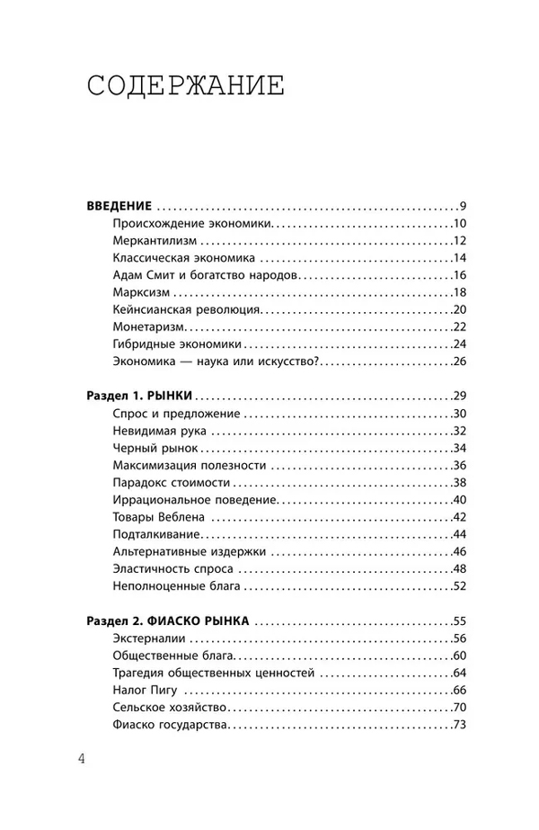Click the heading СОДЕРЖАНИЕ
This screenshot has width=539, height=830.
tap(186, 87)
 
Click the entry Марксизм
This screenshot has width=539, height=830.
tap(138, 293)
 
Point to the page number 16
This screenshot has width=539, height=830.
tap(462, 276)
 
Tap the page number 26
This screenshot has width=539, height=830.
tap(462, 361)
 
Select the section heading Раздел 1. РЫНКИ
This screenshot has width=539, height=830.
tap(139, 397)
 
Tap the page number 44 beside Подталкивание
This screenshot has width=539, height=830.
tap(462, 534)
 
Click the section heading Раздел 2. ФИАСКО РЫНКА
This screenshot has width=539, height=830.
tap(169, 621)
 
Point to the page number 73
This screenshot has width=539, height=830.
tap(462, 725)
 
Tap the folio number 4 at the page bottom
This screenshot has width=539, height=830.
tap(82, 758)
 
